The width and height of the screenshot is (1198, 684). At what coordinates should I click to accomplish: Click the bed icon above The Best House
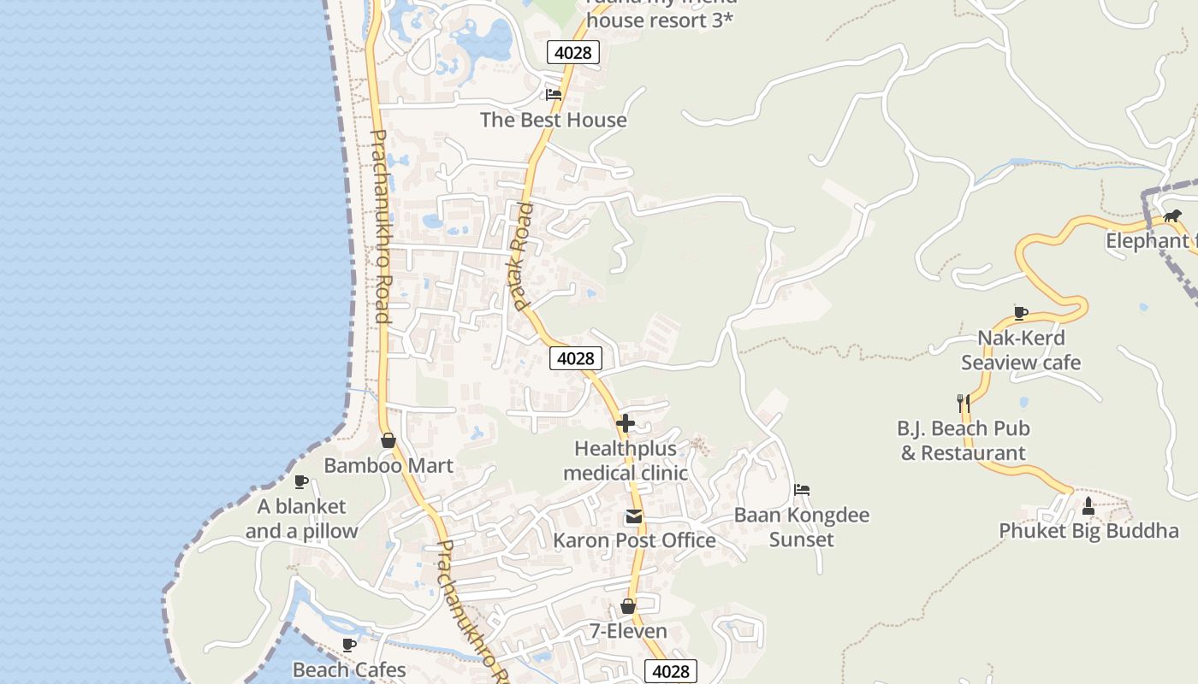(x=554, y=94)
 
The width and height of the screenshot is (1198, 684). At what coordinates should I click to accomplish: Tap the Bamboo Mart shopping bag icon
(x=388, y=440)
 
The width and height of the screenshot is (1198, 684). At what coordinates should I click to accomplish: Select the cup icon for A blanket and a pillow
(x=301, y=482)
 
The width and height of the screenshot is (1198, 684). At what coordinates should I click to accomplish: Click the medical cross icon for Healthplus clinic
(x=626, y=423)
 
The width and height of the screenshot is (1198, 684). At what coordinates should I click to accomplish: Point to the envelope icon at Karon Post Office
(x=633, y=516)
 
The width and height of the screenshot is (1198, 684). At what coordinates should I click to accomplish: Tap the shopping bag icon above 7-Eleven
(x=628, y=606)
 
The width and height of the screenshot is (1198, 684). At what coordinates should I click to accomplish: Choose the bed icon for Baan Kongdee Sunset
(x=802, y=490)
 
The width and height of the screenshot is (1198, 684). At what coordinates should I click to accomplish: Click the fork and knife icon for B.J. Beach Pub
(x=963, y=403)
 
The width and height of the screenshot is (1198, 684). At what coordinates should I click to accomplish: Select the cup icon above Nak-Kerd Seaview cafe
(x=1020, y=313)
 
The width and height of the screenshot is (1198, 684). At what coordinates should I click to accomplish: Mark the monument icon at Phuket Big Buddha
(x=1088, y=506)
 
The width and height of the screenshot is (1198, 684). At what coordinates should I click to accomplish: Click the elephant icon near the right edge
(x=1172, y=215)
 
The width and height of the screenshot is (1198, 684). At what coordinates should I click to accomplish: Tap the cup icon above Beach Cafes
(x=349, y=645)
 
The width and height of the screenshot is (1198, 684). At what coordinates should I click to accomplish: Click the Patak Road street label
(x=521, y=256)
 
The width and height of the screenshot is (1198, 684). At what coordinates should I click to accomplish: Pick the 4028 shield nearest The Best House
(x=572, y=52)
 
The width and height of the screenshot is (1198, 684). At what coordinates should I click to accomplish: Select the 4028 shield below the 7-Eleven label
(x=670, y=671)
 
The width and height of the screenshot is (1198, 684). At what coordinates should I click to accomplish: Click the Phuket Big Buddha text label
(x=1088, y=531)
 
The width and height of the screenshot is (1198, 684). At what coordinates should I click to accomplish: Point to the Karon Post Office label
(x=634, y=540)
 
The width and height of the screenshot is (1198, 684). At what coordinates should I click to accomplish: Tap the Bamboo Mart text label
(x=388, y=466)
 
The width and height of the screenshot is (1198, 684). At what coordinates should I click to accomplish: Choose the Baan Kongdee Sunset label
(x=802, y=527)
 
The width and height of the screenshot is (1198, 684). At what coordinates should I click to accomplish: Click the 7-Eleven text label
(x=628, y=631)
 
